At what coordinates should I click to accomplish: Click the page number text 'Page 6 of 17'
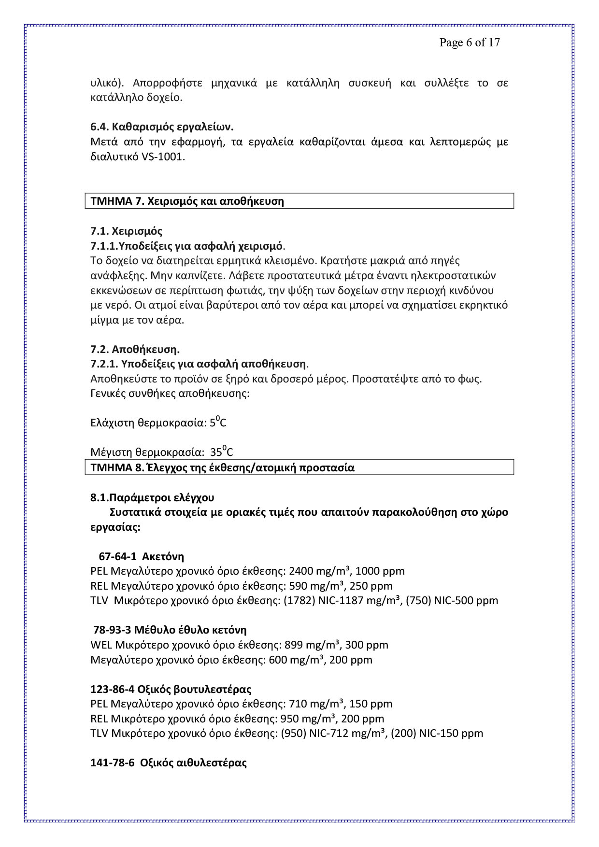(x=469, y=42)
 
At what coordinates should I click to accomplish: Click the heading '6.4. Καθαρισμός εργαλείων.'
(x=162, y=127)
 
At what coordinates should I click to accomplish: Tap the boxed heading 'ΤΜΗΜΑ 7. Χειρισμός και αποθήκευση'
(x=187, y=201)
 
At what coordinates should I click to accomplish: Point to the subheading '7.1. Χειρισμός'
(x=126, y=231)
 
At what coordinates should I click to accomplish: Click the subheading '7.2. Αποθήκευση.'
(x=135, y=349)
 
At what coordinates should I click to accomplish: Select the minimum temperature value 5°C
(x=218, y=423)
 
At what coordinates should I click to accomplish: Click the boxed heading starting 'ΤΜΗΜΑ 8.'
(x=222, y=467)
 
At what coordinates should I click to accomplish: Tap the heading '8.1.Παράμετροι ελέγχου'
(x=152, y=497)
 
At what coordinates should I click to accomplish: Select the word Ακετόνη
(x=163, y=556)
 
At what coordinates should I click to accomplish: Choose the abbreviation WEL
(x=101, y=645)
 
